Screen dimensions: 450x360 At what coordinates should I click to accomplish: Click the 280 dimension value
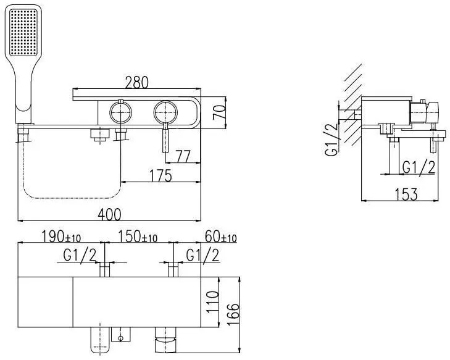137,82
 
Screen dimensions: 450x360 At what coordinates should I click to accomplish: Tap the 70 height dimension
219,112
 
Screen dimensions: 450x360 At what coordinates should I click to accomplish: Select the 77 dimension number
183,156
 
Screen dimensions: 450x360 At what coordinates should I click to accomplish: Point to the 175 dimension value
160,176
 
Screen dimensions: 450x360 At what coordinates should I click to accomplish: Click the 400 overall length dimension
109,214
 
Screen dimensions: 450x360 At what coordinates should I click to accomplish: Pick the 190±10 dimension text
61,237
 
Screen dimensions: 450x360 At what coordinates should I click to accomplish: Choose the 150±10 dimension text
138,237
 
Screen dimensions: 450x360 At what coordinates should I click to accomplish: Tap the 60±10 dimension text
221,237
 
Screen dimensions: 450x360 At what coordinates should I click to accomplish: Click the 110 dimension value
212,302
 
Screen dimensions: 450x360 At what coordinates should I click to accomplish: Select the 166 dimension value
233,314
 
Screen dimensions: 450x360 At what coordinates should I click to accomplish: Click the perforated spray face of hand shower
23,32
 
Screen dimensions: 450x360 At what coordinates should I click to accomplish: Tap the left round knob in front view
120,112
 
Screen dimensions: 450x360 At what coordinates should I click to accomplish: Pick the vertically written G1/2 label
331,140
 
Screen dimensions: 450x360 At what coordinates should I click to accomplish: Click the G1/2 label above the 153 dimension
419,167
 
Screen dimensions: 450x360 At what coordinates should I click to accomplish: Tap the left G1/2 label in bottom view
80,255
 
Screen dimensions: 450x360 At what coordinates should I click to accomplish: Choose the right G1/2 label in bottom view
202,255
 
